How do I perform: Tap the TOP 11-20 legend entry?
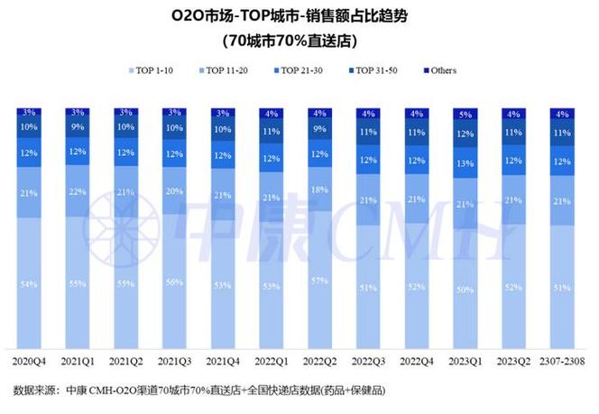[x=226, y=70]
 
